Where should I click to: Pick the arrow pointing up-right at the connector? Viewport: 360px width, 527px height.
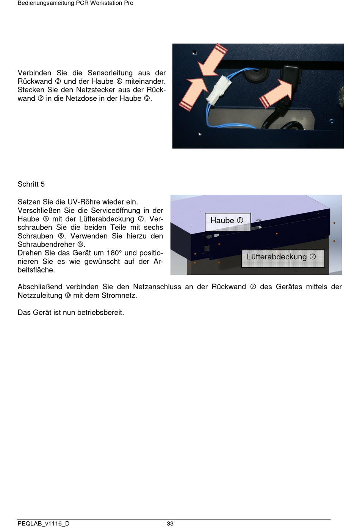194,94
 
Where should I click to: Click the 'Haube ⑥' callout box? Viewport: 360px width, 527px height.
228,221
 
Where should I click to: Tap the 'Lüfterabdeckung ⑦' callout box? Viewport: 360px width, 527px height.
283,258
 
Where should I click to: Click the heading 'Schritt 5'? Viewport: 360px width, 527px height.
31,184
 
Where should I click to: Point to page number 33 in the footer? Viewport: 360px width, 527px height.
170,524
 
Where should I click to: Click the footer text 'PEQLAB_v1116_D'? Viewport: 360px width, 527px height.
44,524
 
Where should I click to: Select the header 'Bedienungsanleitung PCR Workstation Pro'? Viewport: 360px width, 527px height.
75,3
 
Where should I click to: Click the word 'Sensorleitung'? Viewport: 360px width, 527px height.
110,73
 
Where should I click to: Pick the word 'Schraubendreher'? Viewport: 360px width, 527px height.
46,245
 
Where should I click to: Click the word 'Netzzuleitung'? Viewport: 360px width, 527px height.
40,296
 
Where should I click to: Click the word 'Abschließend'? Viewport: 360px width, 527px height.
40,287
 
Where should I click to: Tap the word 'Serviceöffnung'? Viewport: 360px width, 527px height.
116,210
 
